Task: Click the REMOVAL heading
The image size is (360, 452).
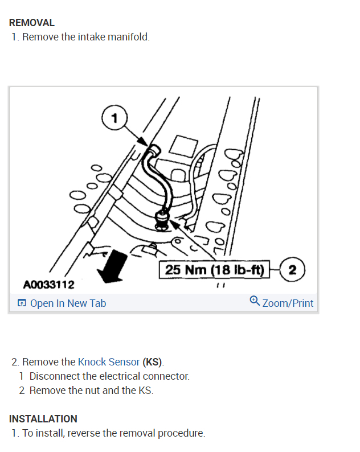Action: [32, 23]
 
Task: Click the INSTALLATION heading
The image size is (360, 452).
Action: [43, 418]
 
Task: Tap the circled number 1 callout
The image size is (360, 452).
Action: [115, 118]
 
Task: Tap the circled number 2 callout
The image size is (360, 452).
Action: [293, 269]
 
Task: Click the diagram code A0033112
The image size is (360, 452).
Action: [49, 283]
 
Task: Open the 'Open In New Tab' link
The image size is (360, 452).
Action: [68, 303]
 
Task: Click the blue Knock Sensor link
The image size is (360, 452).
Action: [108, 361]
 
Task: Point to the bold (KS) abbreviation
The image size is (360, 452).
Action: [152, 361]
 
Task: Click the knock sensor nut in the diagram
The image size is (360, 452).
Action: [163, 219]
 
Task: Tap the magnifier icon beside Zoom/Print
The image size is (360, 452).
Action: [255, 302]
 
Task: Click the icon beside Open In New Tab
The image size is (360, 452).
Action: [22, 303]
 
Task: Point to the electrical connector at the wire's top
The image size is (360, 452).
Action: [152, 151]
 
